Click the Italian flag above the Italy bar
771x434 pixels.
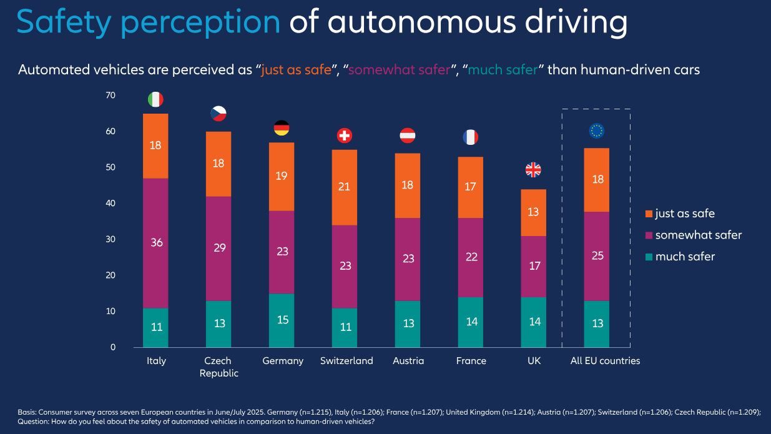click(155, 99)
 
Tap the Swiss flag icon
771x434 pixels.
click(345, 135)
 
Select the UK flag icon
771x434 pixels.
click(533, 169)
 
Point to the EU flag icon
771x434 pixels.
click(597, 131)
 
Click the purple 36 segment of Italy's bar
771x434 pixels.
click(155, 243)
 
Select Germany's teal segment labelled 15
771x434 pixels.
click(282, 320)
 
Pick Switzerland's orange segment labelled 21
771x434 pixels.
click(345, 187)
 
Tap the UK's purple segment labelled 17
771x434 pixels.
click(533, 266)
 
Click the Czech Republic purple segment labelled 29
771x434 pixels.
click(219, 249)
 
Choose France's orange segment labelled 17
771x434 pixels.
click(470, 187)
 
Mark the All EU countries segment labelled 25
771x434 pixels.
click(597, 256)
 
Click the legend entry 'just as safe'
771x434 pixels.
click(684, 214)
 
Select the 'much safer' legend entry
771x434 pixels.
click(684, 257)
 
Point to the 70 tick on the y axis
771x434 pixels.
click(111, 96)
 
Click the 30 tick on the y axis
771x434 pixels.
click(111, 239)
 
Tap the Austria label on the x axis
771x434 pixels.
click(408, 361)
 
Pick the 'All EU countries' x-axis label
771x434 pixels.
click(606, 361)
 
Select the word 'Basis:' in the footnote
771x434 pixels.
click(27, 412)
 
